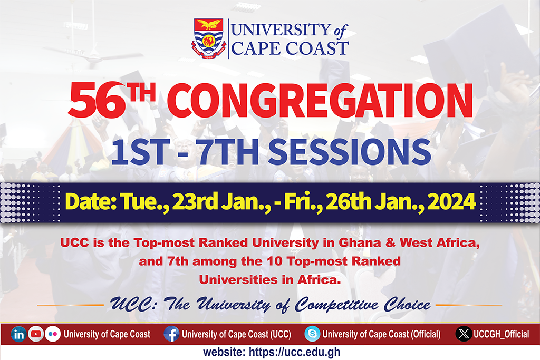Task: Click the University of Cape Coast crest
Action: [209, 38]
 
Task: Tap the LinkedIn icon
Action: [18, 334]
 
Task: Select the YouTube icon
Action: [36, 334]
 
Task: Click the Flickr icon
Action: [53, 334]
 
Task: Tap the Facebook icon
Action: [171, 334]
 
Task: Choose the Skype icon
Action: [312, 334]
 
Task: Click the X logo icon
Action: [464, 334]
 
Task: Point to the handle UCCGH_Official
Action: [501, 334]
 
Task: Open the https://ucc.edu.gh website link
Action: [294, 352]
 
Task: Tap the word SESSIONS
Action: [349, 152]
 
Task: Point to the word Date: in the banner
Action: [91, 201]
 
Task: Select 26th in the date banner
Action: [349, 201]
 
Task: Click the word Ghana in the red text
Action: [360, 242]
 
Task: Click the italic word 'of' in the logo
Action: [340, 31]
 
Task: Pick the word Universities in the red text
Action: [238, 280]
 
